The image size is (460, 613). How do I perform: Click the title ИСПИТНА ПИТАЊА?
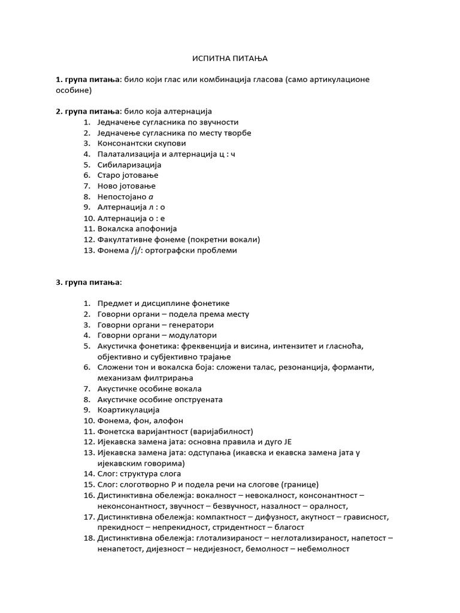[230, 58]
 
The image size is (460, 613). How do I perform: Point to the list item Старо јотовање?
[126, 175]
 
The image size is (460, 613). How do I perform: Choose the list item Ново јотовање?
[126, 186]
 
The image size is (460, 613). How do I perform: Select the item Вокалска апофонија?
[137, 229]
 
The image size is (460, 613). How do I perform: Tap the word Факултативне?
[125, 239]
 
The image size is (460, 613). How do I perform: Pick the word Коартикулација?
[128, 410]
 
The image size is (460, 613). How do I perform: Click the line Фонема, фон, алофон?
[140, 421]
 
